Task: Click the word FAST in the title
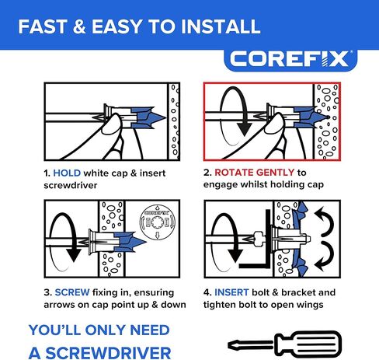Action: coord(45,27)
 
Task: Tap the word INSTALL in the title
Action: coord(215,27)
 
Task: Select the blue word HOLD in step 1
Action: coord(67,173)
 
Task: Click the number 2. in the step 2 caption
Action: coord(207,173)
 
